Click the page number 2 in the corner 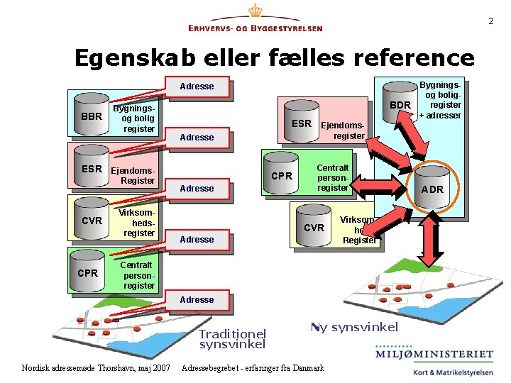[490, 21]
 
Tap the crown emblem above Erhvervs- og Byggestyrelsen [255, 11]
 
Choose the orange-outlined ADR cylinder [433, 187]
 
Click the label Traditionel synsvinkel [232, 338]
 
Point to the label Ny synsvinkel [354, 327]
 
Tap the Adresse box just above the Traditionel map [197, 299]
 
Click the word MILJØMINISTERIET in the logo [434, 354]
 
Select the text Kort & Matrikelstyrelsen [444, 370]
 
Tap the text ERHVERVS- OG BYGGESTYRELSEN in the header [255, 28]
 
